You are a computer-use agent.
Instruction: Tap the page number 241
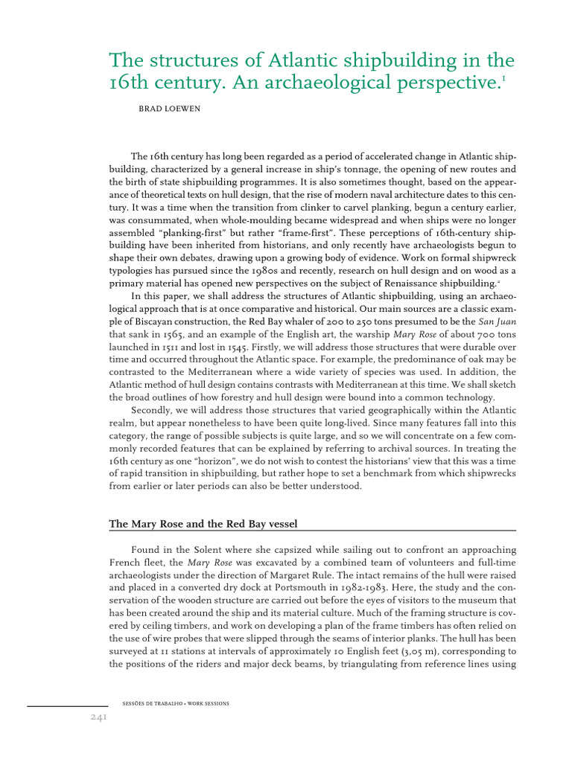(x=95, y=717)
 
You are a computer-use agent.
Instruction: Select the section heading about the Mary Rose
(x=203, y=524)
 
